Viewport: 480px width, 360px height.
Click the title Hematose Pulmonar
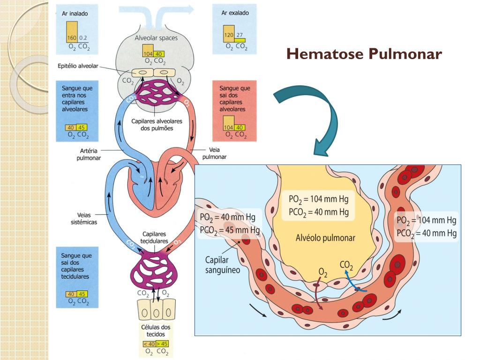364,53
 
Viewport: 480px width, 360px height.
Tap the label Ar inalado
75,14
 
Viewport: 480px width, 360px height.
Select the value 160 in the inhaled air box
72,38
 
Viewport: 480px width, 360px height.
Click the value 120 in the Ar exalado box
229,35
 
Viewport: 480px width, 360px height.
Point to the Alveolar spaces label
156,38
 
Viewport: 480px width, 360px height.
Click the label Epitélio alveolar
78,66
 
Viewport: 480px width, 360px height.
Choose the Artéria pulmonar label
89,154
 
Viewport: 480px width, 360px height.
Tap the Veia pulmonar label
214,153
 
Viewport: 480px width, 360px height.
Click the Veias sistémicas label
84,218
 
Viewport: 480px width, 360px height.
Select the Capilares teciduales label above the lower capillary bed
154,238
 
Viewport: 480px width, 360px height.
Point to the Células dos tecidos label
156,330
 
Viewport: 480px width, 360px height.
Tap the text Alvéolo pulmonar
325,238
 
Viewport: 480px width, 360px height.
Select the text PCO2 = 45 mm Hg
230,230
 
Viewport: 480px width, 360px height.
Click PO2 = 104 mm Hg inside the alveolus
319,199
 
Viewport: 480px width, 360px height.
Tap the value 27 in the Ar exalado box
240,35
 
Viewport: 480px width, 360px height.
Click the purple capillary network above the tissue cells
154,270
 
